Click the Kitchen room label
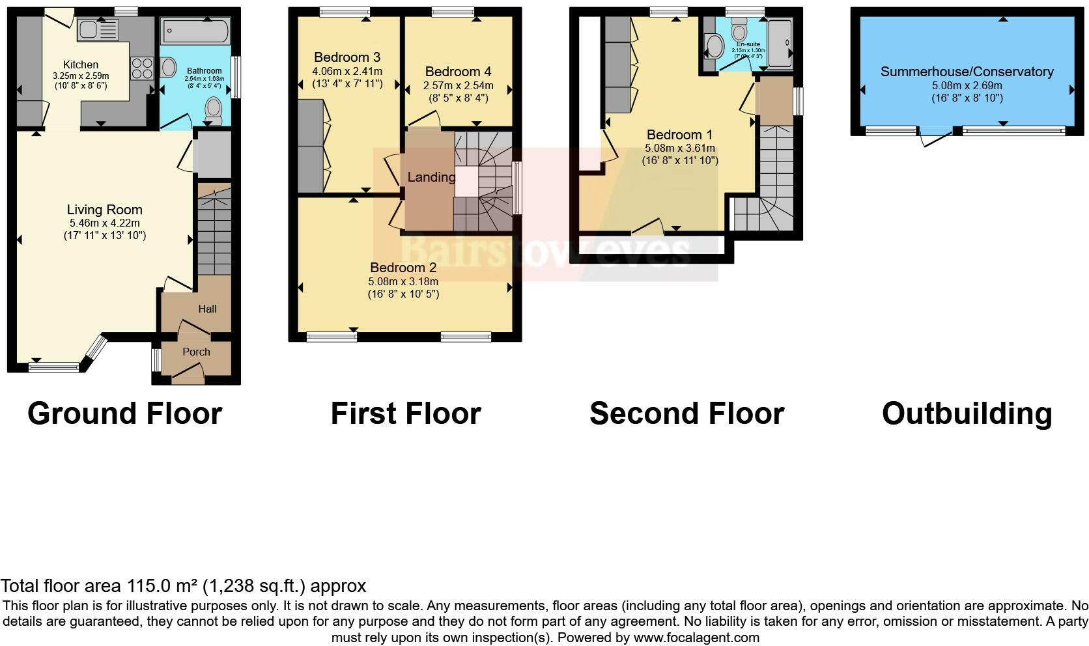(81, 64)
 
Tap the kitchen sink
(98, 29)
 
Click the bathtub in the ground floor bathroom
(195, 31)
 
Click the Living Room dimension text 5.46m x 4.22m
(104, 223)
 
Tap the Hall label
(207, 309)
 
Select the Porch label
(196, 352)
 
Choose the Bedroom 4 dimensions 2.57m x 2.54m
(458, 85)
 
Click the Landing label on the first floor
(431, 177)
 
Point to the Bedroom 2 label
(403, 267)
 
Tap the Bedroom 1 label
(679, 135)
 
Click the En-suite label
(748, 44)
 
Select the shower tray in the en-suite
(780, 43)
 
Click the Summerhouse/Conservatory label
(967, 72)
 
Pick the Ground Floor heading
(125, 414)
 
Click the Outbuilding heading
(967, 414)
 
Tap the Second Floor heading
(686, 414)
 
